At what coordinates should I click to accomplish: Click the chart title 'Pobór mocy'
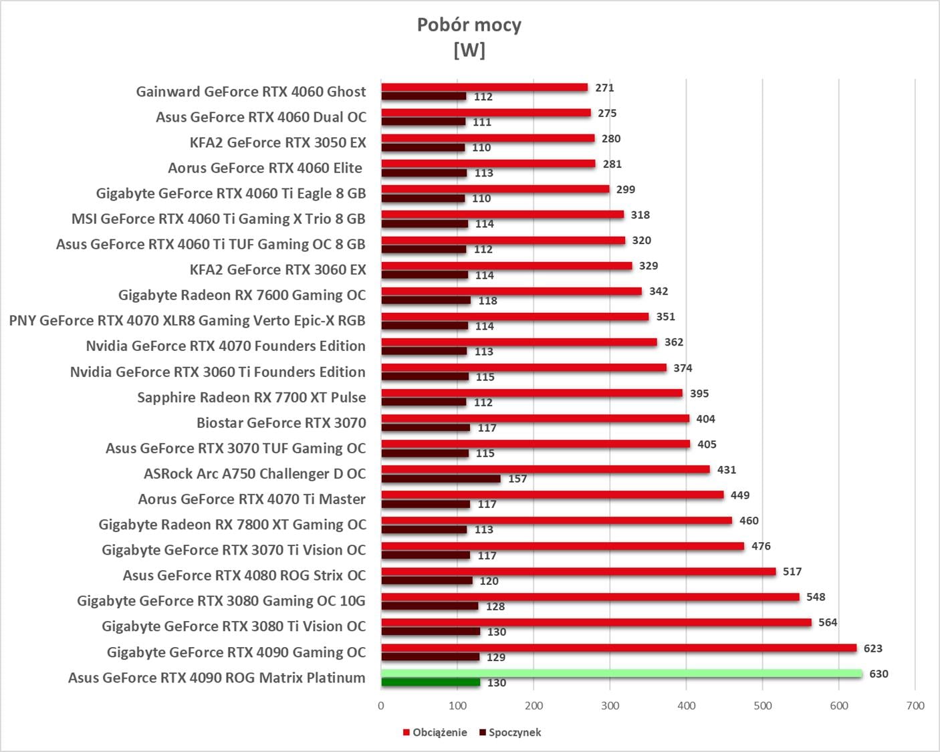tap(469, 25)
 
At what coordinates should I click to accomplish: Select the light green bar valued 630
tap(622, 673)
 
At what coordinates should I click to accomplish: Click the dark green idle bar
tap(431, 682)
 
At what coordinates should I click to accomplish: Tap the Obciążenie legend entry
tap(435, 732)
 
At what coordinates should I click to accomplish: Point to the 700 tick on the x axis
tap(915, 705)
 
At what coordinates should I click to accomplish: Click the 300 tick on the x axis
tap(610, 705)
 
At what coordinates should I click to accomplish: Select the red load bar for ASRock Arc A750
tap(546, 469)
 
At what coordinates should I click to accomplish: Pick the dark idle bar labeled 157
tap(441, 479)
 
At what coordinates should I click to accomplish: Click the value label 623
tap(872, 648)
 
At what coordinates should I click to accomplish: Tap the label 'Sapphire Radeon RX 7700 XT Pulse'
tap(251, 397)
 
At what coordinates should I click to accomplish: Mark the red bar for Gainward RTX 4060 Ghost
tap(485, 88)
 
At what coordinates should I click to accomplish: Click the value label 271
tap(604, 88)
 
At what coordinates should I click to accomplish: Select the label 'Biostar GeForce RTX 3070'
tap(281, 422)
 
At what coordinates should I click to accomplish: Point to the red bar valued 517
tap(578, 572)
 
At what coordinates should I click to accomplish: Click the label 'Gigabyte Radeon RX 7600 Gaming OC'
tap(242, 295)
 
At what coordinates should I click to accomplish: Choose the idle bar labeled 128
tap(430, 606)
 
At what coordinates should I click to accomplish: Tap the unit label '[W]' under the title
tap(469, 50)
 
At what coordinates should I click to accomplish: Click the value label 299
tap(625, 189)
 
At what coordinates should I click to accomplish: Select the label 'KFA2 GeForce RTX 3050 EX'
tap(277, 142)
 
